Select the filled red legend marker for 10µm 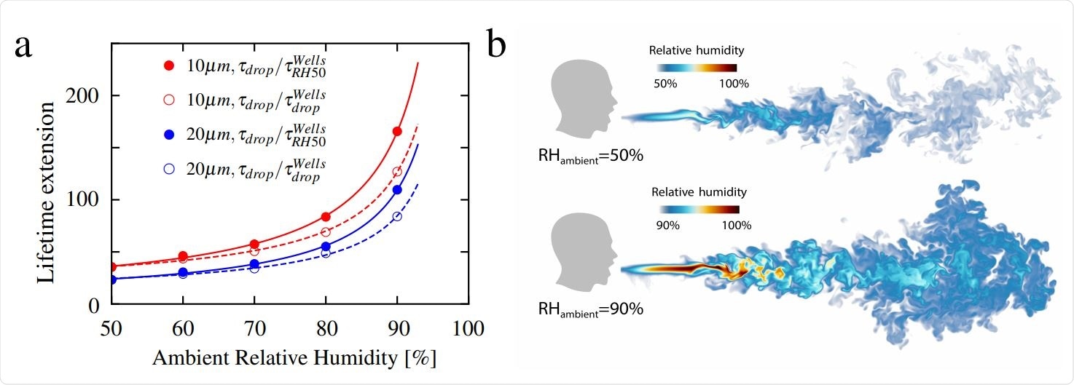coord(169,66)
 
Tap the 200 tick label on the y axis coord(85,96)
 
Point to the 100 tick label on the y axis coord(85,200)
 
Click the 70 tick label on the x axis coord(254,328)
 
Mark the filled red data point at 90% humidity coord(397,131)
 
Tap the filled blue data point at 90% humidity coord(397,189)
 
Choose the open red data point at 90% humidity coord(397,172)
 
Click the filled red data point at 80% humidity coord(326,217)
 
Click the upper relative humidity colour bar coord(691,68)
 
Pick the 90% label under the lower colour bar coord(667,226)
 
